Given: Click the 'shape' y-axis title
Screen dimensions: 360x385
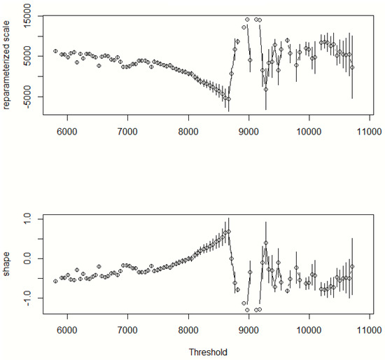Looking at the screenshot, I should click(x=8, y=260).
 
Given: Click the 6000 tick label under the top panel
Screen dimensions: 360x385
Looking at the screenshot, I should click(x=66, y=131).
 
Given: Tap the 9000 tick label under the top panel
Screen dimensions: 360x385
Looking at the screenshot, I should click(x=248, y=131).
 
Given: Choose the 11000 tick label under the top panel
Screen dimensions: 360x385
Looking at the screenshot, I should click(x=370, y=131).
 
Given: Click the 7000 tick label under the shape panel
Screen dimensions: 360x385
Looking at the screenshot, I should click(x=127, y=328).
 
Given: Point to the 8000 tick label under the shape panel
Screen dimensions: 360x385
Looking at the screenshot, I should click(x=188, y=328).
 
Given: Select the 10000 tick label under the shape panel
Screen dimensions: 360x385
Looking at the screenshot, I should click(x=309, y=328).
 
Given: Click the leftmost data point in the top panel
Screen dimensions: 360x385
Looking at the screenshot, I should click(x=55, y=51).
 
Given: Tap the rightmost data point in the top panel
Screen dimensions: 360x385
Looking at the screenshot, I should click(x=352, y=67).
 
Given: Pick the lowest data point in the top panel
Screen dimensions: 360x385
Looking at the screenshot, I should click(x=228, y=99).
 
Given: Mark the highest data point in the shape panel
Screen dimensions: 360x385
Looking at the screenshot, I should click(x=228, y=232).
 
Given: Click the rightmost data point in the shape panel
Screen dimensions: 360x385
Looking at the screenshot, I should click(x=352, y=267).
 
